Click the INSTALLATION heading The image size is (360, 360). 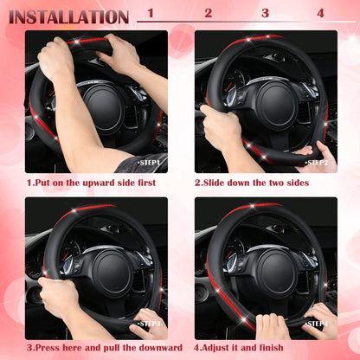[68, 16]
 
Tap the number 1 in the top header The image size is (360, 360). [151, 13]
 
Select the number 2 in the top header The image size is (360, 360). [208, 13]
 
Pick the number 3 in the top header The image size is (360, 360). [264, 13]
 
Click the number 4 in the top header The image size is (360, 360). [320, 13]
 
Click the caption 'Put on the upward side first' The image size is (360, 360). [93, 183]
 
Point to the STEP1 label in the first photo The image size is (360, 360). [150, 162]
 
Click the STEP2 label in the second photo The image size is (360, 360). [317, 162]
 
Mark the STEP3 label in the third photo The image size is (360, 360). [150, 324]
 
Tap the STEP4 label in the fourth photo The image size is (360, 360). [317, 324]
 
